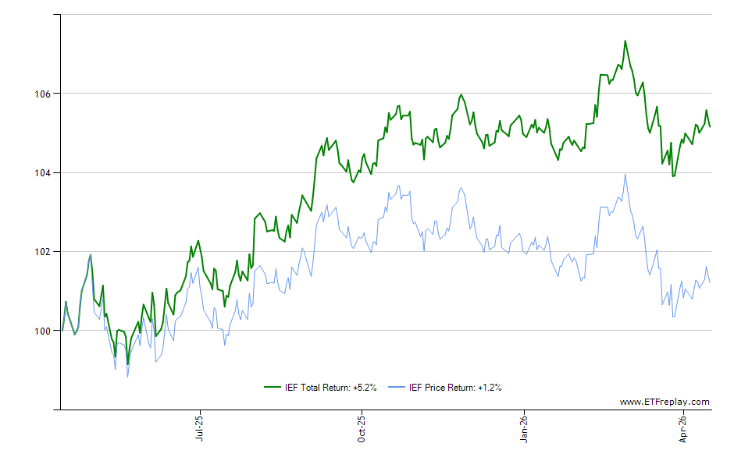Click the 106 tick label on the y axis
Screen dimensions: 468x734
coord(42,94)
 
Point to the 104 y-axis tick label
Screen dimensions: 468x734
coord(42,172)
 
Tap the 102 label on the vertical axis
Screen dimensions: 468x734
coord(42,252)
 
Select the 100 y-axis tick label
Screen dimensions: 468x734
coord(42,331)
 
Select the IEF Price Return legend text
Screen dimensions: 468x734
coord(442,387)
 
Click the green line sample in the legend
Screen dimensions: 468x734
coord(273,387)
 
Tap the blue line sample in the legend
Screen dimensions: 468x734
coord(398,387)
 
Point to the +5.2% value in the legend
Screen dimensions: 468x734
coord(364,387)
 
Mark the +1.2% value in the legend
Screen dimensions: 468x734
coord(489,387)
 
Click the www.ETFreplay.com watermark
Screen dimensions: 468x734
coord(665,402)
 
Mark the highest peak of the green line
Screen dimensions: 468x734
coord(625,41)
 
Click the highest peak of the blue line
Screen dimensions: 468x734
coord(625,175)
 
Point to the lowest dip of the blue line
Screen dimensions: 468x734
coord(127,377)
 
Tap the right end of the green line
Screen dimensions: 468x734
coord(710,126)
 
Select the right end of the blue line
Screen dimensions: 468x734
coord(710,282)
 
